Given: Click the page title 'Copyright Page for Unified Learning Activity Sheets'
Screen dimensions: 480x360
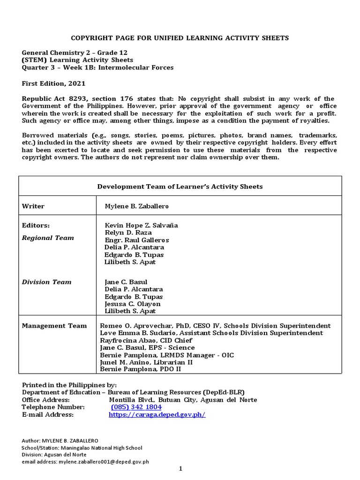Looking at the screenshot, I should pos(180,37).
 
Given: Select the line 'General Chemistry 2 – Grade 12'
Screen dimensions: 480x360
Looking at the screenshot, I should pos(75,52).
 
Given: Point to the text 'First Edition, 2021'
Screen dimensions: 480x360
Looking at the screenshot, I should pos(54,83).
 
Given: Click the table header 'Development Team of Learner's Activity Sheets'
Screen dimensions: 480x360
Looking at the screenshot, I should pos(180,187).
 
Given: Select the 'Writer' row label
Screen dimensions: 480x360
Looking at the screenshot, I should pos(33,206).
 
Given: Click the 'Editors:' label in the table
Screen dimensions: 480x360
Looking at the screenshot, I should pos(36,225).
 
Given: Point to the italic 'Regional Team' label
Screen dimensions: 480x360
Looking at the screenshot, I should pos(48,238).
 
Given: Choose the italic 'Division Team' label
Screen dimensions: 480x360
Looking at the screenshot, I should pos(47,282).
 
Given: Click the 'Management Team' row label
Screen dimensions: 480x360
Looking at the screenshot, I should pos(54,326).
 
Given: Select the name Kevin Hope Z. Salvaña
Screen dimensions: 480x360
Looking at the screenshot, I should pos(141,225).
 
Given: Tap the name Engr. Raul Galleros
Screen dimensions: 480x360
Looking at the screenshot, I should pos(137,240).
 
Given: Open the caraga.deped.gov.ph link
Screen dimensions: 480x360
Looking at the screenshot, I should pos(157,415).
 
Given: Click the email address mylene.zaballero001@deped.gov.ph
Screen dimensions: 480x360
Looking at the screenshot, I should pos(104,462).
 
